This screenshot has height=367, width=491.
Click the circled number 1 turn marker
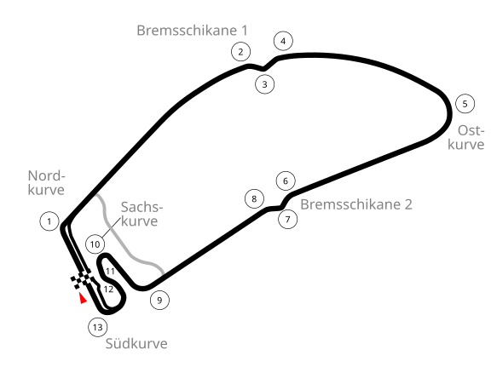(x=49, y=221)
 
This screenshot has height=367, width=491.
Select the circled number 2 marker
(x=240, y=52)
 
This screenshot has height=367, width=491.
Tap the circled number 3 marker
(x=265, y=84)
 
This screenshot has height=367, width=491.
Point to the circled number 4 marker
(x=283, y=41)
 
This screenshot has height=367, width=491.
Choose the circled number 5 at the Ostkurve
(x=465, y=104)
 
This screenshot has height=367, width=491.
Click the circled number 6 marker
(x=286, y=181)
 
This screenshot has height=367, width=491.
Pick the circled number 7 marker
(x=288, y=220)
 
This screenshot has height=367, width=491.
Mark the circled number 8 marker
(x=254, y=198)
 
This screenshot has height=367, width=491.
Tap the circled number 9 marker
(x=159, y=300)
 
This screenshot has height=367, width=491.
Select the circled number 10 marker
(x=95, y=244)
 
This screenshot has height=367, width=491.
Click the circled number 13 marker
(x=98, y=327)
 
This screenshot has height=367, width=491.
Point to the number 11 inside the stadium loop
(x=110, y=271)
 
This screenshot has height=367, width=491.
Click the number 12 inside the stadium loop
(x=108, y=290)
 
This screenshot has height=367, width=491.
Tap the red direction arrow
(x=83, y=298)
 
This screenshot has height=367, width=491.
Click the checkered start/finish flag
(x=82, y=278)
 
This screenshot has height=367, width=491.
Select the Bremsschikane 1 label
(x=193, y=31)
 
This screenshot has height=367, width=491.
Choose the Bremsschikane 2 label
(x=356, y=204)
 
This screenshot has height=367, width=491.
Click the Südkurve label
(x=136, y=343)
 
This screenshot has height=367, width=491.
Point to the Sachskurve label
(x=142, y=214)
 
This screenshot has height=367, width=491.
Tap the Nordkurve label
(x=46, y=183)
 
